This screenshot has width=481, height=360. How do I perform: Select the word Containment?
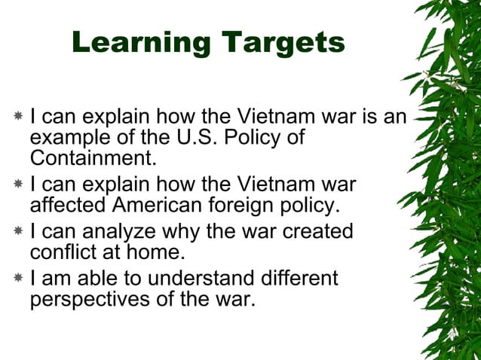92,159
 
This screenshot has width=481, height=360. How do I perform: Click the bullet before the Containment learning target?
18,118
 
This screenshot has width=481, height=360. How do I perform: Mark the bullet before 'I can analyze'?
18,231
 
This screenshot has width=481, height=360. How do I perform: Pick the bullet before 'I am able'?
18,279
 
